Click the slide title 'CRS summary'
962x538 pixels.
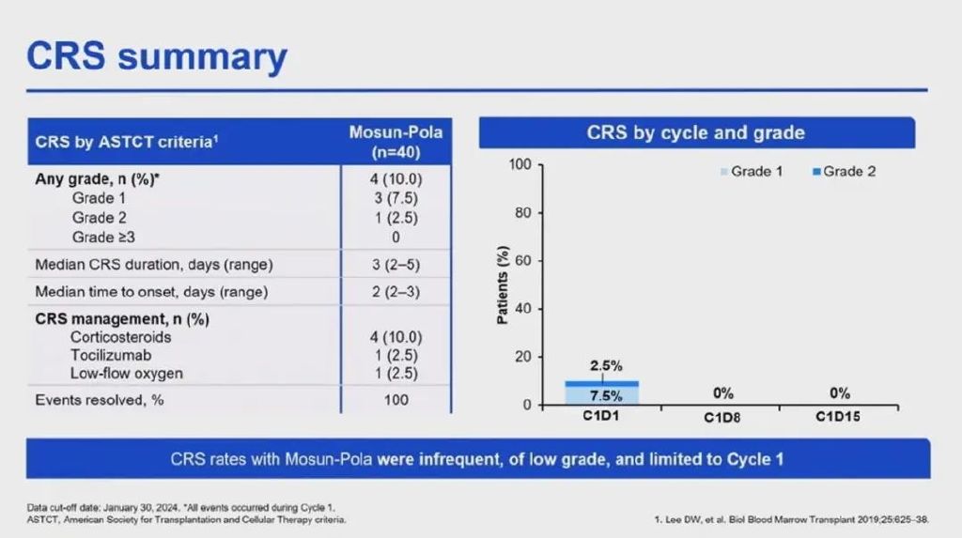157,56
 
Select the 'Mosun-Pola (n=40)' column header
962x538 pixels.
396,142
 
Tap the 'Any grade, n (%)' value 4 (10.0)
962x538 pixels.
396,179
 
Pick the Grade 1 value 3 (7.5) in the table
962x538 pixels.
396,198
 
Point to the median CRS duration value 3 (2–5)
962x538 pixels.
396,265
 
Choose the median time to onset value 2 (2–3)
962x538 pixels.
396,292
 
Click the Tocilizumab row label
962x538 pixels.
111,355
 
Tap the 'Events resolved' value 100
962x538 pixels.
396,400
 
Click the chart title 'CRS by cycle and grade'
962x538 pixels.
695,132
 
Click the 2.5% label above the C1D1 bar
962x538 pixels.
606,365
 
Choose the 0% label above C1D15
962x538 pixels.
839,393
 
